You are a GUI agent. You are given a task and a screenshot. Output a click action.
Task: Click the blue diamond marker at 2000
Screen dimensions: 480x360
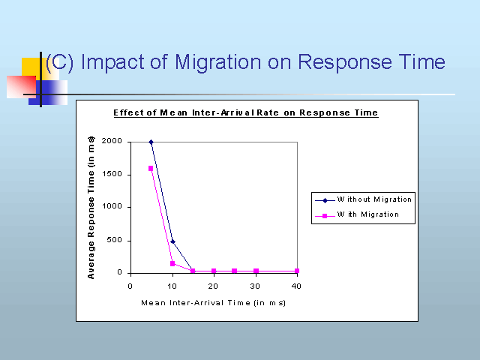tap(151, 142)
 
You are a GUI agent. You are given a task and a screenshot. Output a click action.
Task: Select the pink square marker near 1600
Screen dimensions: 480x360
tap(151, 168)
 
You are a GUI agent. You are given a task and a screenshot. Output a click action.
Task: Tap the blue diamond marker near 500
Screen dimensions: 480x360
tap(172, 241)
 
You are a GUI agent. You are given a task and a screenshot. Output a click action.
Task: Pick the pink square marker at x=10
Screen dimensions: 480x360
tap(172, 263)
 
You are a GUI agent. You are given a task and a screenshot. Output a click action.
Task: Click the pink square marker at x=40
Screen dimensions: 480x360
tap(297, 271)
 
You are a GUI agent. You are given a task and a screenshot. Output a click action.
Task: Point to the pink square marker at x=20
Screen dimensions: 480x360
tap(214, 271)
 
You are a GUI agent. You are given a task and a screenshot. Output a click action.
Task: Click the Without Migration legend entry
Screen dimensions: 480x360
tap(363, 200)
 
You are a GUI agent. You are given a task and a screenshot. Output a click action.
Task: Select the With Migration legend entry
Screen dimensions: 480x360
tap(357, 215)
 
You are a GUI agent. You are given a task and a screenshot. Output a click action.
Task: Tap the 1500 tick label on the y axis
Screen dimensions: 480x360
tap(112, 174)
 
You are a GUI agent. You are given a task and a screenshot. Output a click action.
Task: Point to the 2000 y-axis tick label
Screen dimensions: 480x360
tap(112, 141)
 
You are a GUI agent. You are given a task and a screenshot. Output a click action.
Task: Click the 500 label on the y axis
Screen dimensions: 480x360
tap(115, 240)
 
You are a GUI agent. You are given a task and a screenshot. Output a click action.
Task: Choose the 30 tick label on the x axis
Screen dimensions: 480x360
tap(255, 286)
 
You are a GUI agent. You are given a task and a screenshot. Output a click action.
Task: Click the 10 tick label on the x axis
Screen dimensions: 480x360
tap(172, 286)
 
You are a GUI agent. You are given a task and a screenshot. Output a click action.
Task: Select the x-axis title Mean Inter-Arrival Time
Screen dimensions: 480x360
tap(213, 303)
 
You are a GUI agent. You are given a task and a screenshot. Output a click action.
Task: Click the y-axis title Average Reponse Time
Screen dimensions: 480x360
tap(91, 208)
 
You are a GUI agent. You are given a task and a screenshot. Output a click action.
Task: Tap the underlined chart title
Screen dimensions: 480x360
tap(246, 113)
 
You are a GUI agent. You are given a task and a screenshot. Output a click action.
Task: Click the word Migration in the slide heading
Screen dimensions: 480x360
tap(218, 63)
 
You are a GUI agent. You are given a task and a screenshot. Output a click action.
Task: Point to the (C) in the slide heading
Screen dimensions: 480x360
tap(60, 62)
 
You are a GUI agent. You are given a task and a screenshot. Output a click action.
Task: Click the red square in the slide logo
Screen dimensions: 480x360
tap(22, 87)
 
